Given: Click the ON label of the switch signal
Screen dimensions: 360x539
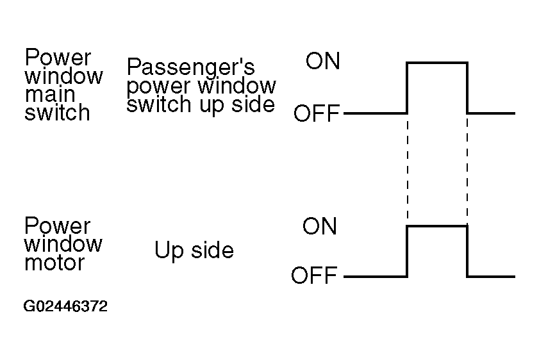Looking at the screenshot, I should [x=322, y=61].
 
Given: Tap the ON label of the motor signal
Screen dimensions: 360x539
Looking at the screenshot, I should [x=319, y=226].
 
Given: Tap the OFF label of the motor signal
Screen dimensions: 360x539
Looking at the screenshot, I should [x=313, y=277].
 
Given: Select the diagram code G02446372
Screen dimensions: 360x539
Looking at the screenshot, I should [x=65, y=307].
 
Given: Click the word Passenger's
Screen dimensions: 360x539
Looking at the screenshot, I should [x=191, y=67].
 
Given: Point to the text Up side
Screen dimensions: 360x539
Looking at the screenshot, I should [x=194, y=250].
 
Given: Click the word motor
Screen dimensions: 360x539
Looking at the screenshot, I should [x=54, y=262].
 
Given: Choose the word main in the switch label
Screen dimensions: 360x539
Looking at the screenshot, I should [x=49, y=94].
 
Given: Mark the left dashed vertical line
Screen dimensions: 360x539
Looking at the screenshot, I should [x=407, y=170].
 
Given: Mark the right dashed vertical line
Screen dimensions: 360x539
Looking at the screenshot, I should [x=467, y=170].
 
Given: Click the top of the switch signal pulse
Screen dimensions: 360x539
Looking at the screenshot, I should [x=437, y=62].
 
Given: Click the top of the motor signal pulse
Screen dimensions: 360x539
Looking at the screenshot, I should [x=437, y=226].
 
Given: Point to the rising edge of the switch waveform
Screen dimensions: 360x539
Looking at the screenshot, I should [x=407, y=88].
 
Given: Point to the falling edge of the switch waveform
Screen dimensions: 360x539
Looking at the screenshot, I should [x=467, y=88].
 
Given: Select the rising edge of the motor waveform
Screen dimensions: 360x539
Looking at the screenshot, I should [x=407, y=252].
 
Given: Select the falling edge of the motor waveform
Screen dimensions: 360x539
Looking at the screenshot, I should [x=467, y=252].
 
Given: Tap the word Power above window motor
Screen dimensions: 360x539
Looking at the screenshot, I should [x=58, y=226].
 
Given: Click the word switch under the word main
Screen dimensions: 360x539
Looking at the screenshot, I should [x=57, y=113].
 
